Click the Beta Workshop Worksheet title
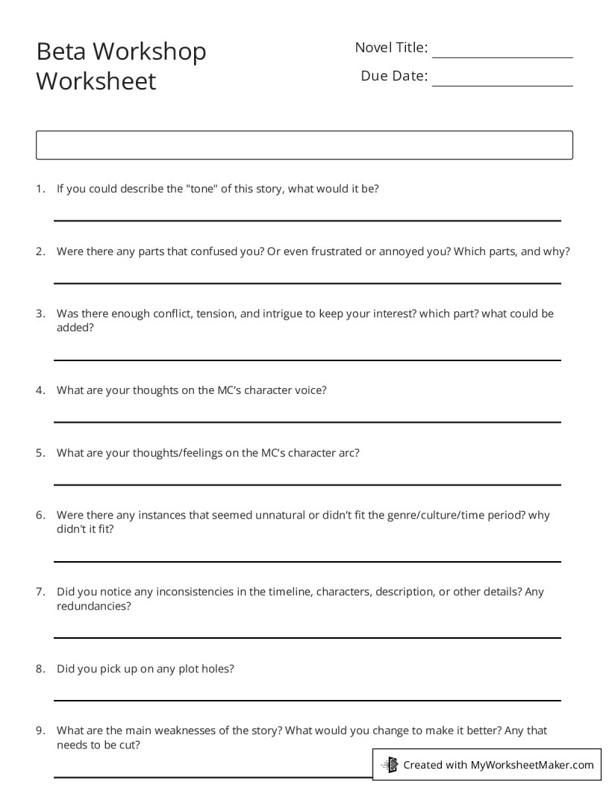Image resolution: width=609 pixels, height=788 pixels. pyautogui.click(x=121, y=66)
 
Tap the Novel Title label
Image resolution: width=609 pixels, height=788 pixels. pyautogui.click(x=391, y=48)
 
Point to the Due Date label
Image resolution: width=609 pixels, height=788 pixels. pyautogui.click(x=394, y=75)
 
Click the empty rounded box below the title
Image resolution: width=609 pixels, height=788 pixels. pyautogui.click(x=304, y=145)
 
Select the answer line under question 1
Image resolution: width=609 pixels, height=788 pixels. pyautogui.click(x=307, y=220)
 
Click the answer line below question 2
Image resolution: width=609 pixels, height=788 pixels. pyautogui.click(x=307, y=283)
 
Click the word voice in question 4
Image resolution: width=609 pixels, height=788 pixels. pyautogui.click(x=311, y=390)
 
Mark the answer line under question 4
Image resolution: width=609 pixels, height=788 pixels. pyautogui.click(x=307, y=422)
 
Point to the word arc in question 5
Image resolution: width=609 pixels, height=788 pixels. pyautogui.click(x=349, y=452)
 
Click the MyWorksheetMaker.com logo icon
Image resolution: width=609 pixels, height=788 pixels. pyautogui.click(x=389, y=764)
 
